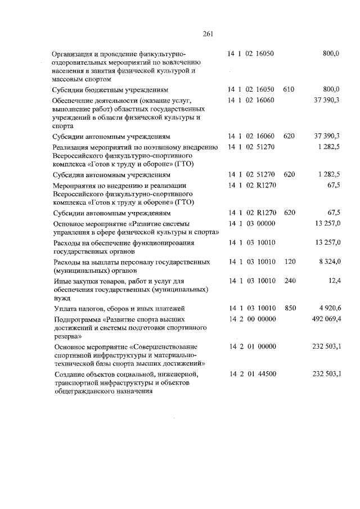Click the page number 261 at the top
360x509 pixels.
click(207, 33)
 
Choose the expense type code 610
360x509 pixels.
click(289, 89)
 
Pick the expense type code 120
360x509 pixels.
click(289, 262)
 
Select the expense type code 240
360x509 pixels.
click(289, 281)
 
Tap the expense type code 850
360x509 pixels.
click(289, 309)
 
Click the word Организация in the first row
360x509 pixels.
click(75, 54)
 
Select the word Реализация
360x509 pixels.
click(73, 147)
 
